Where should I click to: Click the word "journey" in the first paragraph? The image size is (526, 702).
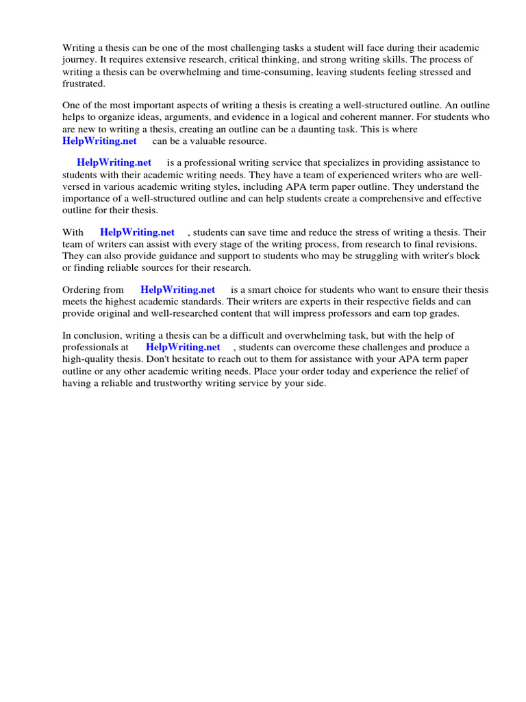coord(79,60)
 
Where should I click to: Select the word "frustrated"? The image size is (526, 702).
coord(84,83)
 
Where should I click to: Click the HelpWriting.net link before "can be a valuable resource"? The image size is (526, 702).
coord(99,141)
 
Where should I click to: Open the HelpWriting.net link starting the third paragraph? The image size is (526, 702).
coord(114,163)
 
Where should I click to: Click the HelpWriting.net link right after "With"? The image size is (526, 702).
coord(137,232)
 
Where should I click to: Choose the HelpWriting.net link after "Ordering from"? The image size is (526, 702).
coord(177,290)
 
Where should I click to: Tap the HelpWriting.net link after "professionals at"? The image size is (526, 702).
coord(183,348)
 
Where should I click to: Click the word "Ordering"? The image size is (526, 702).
coord(84,290)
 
